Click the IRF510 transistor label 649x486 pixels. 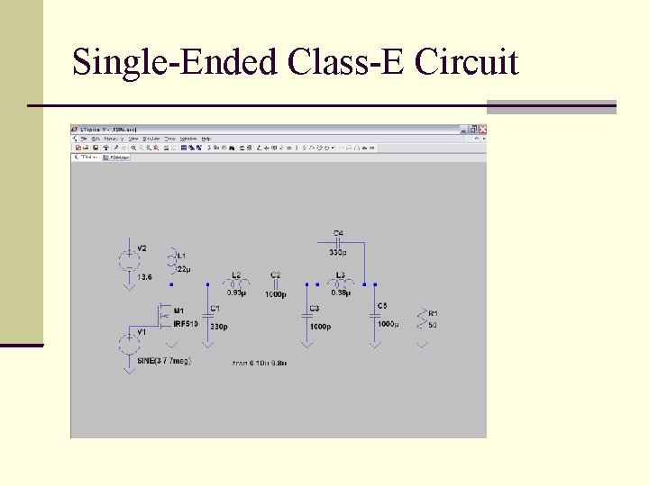tap(186, 323)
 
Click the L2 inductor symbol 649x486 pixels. tap(236, 283)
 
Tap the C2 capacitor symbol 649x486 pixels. tap(275, 284)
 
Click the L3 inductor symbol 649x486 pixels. tap(340, 283)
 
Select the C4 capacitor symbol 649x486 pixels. tap(338, 242)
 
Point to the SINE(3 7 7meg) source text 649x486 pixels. tap(164, 361)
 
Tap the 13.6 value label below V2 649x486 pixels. tap(145, 277)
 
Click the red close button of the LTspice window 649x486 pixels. tap(481, 130)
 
